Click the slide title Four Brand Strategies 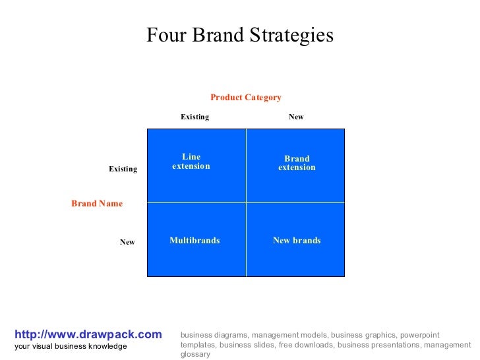coord(240,35)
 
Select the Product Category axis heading coord(246,98)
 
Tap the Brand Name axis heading coord(97,204)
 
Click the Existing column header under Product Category coord(195,117)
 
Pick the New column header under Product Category coord(296,117)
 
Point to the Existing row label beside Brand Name coord(123,169)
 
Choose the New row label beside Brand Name coord(127,242)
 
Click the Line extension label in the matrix coord(191,162)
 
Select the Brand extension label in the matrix coord(297,163)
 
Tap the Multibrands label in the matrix coord(195,241)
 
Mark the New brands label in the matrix coord(297,241)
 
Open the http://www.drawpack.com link coord(88,335)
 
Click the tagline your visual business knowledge coord(71,347)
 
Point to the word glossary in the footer coord(195,354)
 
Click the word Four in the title coord(162,35)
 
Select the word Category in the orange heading coord(263,98)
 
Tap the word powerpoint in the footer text coord(419,335)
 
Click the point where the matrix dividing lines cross coord(246,202)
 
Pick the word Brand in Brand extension coord(297,159)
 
